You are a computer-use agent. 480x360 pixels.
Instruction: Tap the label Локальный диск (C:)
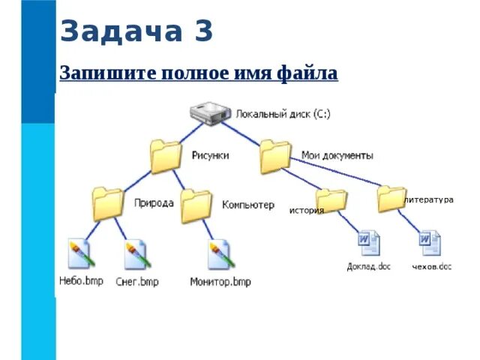coord(283,115)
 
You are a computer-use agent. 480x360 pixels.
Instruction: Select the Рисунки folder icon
coord(165,156)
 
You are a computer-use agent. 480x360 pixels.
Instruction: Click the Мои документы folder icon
coord(274,156)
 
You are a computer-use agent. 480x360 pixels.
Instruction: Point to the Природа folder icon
coord(107,202)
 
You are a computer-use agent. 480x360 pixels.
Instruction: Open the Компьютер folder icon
coord(196,205)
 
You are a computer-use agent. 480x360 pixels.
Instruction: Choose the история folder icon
coord(331,200)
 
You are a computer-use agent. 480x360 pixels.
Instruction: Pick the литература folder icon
coord(391,199)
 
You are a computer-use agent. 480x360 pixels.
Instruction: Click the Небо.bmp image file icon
coord(79,255)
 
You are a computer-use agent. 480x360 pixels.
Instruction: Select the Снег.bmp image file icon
coord(137,255)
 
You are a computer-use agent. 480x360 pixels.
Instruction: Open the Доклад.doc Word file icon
coord(369,244)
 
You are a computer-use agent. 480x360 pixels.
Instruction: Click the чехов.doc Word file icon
coord(430,244)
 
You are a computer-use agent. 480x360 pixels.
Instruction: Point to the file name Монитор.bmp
coord(220,282)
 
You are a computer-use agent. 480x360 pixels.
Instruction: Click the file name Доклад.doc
coord(369,266)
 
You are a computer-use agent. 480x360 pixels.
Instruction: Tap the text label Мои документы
coord(337,155)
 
